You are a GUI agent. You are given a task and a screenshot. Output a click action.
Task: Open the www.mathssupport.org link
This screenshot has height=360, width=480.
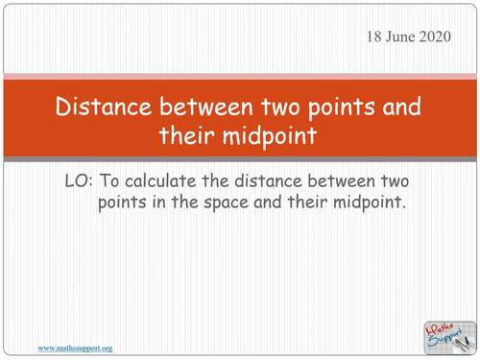[x=75, y=348]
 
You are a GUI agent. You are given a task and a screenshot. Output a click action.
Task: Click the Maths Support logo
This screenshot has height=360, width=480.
[x=447, y=334]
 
